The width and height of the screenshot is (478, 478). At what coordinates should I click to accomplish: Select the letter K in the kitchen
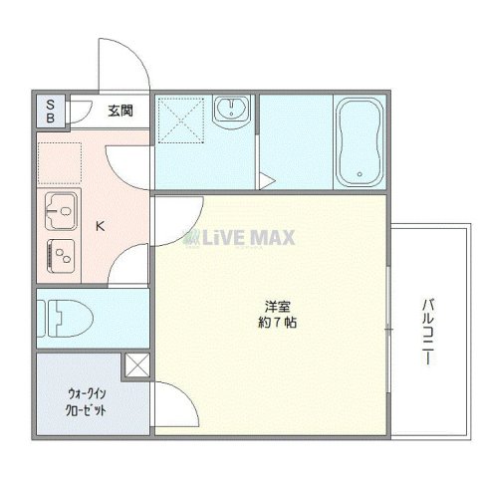click(99, 226)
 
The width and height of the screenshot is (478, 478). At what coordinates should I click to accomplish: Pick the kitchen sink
click(61, 209)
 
